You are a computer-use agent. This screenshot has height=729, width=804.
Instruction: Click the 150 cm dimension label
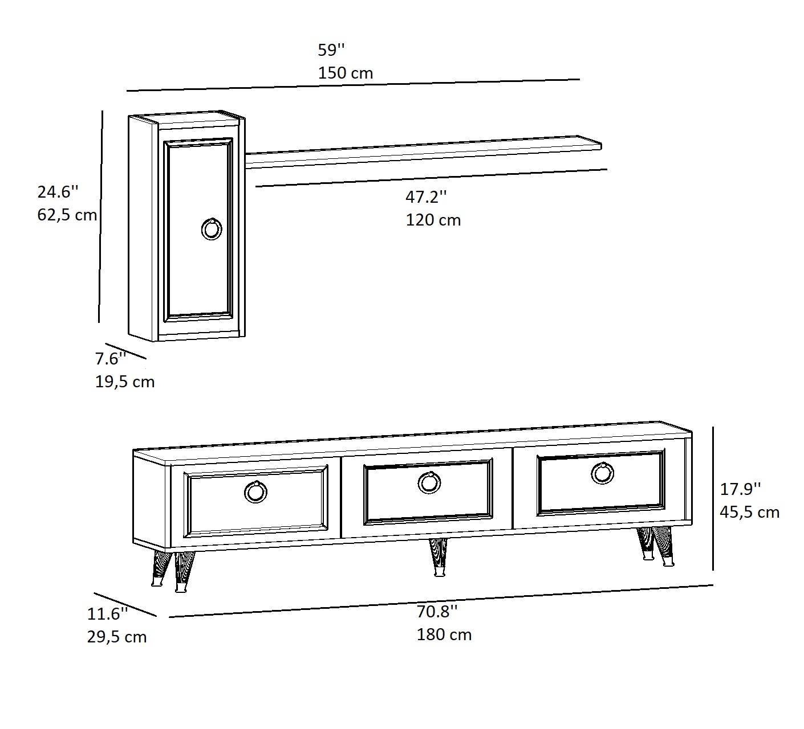(346, 73)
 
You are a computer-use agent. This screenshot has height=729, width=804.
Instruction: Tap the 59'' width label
(331, 50)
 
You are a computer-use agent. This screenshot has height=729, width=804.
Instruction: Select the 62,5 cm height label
(67, 215)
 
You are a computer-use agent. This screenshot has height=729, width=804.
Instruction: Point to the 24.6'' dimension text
(58, 192)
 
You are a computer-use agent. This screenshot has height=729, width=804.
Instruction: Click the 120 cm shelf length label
(433, 220)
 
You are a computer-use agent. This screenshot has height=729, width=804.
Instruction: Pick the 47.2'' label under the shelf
(426, 197)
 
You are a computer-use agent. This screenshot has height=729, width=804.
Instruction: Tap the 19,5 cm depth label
(125, 382)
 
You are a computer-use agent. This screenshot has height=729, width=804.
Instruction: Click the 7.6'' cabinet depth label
(111, 359)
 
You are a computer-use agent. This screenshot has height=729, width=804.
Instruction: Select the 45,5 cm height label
(749, 513)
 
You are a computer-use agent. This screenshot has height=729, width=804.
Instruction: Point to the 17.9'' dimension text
(740, 489)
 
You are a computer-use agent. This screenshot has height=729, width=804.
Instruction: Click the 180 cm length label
(444, 635)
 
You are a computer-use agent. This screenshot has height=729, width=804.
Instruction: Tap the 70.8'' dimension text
(437, 612)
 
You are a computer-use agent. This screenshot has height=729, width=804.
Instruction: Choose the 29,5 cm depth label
(117, 637)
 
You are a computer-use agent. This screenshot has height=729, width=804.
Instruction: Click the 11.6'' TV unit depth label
(107, 614)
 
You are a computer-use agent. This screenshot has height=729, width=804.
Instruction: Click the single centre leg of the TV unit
(438, 557)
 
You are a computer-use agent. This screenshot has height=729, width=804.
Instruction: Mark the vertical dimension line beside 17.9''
(713, 498)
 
